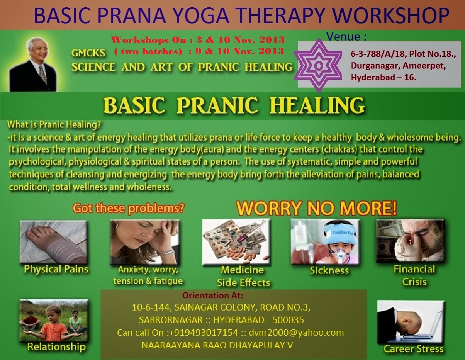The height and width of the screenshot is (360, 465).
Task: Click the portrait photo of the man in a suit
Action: pos(33,64)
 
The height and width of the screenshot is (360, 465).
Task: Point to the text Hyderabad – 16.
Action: pos(384,77)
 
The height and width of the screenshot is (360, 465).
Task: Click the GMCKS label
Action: pos(88,53)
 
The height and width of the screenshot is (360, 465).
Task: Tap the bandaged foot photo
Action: pos(53,242)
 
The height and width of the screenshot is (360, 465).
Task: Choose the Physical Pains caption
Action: pos(56,269)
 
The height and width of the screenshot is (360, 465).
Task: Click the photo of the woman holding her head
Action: pos(145,242)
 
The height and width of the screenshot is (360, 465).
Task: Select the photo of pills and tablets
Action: pos(236,242)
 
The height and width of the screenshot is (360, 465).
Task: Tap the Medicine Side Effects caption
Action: pos(243,276)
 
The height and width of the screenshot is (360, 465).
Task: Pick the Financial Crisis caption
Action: pos(414,275)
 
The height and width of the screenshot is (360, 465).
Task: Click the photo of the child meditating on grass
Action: pos(54,321)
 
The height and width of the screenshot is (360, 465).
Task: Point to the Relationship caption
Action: pos(56,347)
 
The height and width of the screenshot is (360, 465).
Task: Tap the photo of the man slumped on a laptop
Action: pos(411,322)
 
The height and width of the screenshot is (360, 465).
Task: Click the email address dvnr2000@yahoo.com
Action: pos(296,333)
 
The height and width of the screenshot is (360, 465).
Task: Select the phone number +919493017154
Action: pos(203,333)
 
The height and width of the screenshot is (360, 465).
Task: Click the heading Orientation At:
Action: pos(213,296)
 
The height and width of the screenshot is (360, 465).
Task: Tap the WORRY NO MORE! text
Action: pos(316,208)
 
